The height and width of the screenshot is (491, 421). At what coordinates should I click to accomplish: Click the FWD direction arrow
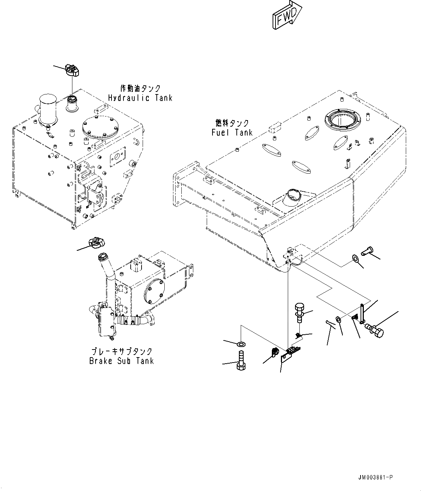[x=287, y=15]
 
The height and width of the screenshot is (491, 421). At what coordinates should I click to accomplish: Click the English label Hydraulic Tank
[x=140, y=98]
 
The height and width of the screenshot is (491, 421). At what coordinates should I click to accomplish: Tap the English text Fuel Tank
[x=232, y=132]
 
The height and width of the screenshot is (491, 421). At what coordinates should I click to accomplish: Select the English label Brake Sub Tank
[x=122, y=361]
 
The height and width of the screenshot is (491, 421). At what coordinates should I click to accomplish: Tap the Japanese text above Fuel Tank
[x=232, y=123]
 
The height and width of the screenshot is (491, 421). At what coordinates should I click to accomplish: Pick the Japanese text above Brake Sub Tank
[x=122, y=351]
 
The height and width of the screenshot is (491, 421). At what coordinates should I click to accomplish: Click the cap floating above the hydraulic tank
[x=72, y=70]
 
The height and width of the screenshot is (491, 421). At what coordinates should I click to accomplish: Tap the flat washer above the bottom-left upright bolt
[x=241, y=344]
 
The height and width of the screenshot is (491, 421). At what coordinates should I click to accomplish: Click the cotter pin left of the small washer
[x=330, y=324]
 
